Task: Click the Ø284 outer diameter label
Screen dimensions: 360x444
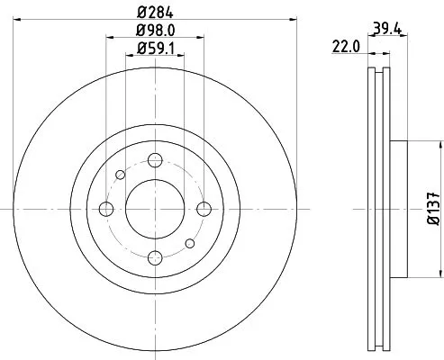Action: tap(155, 12)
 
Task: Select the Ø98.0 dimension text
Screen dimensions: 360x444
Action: tap(155, 30)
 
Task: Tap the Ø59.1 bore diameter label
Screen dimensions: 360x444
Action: tap(155, 49)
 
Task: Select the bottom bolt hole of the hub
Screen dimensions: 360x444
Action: tap(155, 258)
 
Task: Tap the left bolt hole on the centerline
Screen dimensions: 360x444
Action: tap(106, 210)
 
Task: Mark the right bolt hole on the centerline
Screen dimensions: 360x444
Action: tap(204, 210)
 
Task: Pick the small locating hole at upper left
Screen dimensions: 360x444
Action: tap(121, 175)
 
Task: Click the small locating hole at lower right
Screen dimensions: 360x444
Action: tap(189, 243)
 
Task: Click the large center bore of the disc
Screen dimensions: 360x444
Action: tap(155, 210)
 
